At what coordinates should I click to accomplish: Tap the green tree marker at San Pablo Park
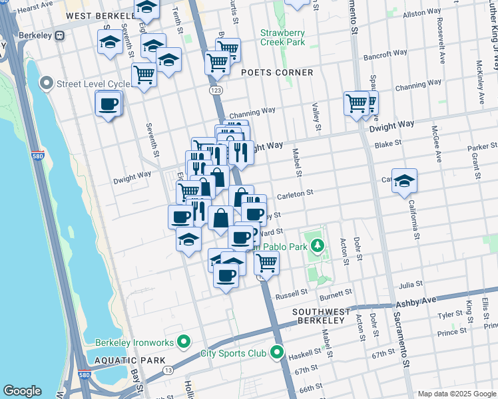coord(318,246)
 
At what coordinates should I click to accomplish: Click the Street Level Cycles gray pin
coord(47,84)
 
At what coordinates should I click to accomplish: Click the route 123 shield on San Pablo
coord(215,89)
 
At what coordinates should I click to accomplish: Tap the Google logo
coord(22,391)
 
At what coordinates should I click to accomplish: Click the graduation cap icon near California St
coord(404,181)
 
